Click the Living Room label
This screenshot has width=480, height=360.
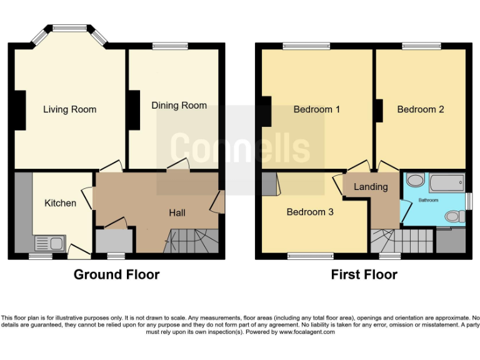click(69, 109)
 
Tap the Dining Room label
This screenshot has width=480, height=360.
click(179, 106)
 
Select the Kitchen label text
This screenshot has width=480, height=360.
click(61, 203)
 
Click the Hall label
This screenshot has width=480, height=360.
click(177, 213)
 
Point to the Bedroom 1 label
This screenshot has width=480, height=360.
click(317, 109)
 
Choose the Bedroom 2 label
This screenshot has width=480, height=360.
click(421, 109)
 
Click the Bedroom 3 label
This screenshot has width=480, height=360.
click(310, 212)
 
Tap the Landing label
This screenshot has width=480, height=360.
click(371, 186)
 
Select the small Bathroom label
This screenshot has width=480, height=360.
click(428, 200)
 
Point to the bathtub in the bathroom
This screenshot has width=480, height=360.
click(444, 182)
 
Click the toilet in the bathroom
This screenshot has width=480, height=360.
click(454, 217)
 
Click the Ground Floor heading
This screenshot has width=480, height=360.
click(116, 274)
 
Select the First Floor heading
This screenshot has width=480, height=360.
click(364, 274)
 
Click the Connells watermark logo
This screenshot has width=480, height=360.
click(240, 147)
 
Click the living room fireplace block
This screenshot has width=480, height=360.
click(20, 111)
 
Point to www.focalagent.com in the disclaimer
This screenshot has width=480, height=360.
click(306, 332)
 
